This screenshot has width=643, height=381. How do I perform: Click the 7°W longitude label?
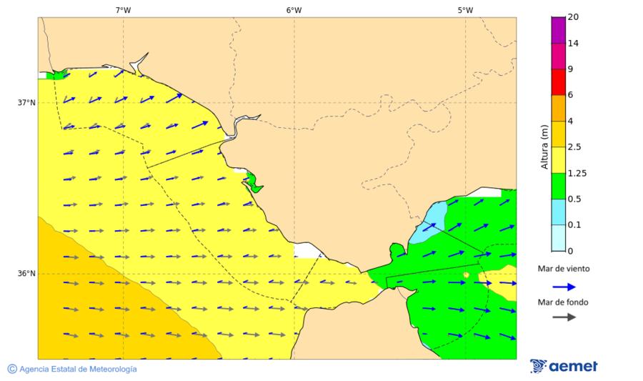pyautogui.click(x=123, y=10)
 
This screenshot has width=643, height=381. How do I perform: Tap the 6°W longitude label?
pyautogui.click(x=294, y=10)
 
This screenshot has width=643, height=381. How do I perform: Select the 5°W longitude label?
pyautogui.click(x=465, y=10)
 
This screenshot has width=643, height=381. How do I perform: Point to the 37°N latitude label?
pyautogui.click(x=26, y=102)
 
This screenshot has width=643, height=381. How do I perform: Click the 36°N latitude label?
pyautogui.click(x=26, y=274)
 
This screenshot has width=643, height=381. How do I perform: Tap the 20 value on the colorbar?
pyautogui.click(x=573, y=17)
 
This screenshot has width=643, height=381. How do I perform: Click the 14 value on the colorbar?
pyautogui.click(x=573, y=43)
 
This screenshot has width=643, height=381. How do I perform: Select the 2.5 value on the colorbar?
pyautogui.click(x=574, y=147)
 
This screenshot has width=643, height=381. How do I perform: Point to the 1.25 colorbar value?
pyautogui.click(x=577, y=173)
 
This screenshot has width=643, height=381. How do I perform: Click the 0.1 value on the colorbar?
pyautogui.click(x=574, y=225)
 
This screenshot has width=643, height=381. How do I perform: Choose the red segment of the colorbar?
pyautogui.click(x=558, y=81)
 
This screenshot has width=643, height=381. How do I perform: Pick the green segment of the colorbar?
pyautogui.click(x=558, y=186)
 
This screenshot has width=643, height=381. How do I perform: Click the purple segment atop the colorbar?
pyautogui.click(x=558, y=29)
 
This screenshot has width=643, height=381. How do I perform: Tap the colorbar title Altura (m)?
pyautogui.click(x=544, y=147)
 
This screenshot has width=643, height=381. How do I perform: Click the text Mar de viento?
pyautogui.click(x=564, y=269)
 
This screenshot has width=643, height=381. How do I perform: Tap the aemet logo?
pyautogui.click(x=564, y=366)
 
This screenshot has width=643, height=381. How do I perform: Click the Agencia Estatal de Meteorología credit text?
pyautogui.click(x=72, y=369)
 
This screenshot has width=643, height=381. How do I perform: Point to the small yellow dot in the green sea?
pyautogui.click(x=466, y=274)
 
